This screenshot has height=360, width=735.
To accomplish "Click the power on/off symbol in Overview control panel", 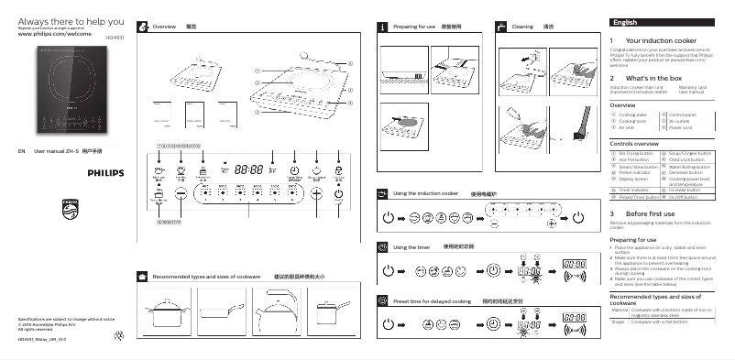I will (339, 193).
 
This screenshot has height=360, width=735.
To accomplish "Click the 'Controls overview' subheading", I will (633, 144).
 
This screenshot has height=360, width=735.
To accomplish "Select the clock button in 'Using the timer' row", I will (492, 270).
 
